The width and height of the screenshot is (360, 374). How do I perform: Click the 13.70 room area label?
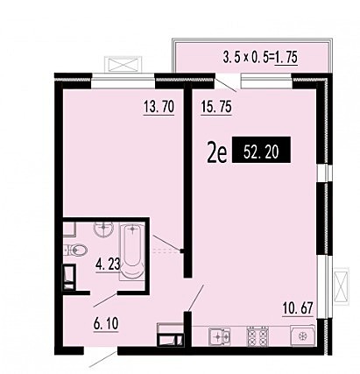[x=159, y=107]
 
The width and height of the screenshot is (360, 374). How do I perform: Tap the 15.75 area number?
[x=216, y=107]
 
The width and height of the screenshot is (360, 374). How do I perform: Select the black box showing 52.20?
[x=261, y=150]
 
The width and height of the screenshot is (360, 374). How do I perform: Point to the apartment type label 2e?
[x=216, y=154]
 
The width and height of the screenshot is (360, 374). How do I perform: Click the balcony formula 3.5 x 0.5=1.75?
[x=260, y=57]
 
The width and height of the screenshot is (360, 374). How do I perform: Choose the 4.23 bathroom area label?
[x=108, y=265]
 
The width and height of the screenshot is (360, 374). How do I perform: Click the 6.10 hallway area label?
[x=106, y=324]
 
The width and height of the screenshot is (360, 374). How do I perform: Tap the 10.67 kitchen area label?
[x=298, y=308]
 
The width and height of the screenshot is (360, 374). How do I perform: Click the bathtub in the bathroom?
[x=132, y=251]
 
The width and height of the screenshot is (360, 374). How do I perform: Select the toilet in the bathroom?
[x=75, y=251]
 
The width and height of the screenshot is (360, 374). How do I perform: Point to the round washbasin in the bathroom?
[x=103, y=229]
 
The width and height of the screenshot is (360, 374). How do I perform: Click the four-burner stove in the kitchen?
[x=258, y=336]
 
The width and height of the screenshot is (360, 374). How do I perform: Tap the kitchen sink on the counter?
[x=220, y=336]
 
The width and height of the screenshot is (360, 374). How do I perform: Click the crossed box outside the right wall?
[x=342, y=286]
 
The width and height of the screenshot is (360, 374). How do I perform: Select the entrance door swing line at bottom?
[x=103, y=359]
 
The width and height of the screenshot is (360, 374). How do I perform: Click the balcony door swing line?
[x=225, y=85]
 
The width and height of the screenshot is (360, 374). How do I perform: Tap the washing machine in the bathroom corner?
[x=69, y=278]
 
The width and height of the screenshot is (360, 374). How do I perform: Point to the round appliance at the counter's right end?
[x=302, y=336]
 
